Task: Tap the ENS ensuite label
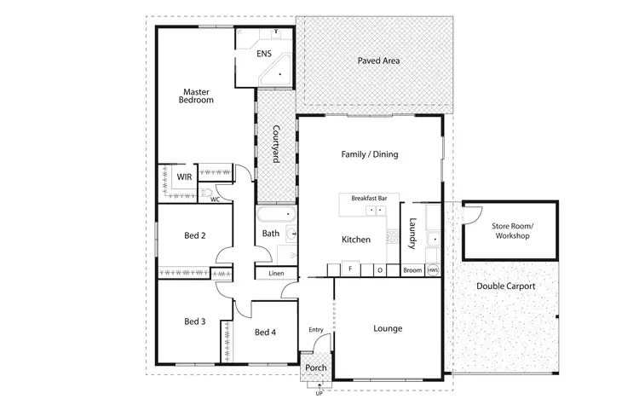tap(264, 54)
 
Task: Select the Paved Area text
tap(378, 61)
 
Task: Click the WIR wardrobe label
tap(184, 176)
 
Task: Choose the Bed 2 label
tap(195, 236)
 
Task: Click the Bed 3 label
tap(195, 321)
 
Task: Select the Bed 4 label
tap(265, 332)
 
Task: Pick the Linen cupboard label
tap(275, 274)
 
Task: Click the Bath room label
tap(271, 233)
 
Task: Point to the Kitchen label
tap(356, 240)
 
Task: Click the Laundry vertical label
tap(412, 234)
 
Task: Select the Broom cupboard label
tap(412, 271)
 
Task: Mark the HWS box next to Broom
tap(433, 271)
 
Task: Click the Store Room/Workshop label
tap(510, 230)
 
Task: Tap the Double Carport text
tap(506, 286)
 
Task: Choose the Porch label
tap(316, 368)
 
